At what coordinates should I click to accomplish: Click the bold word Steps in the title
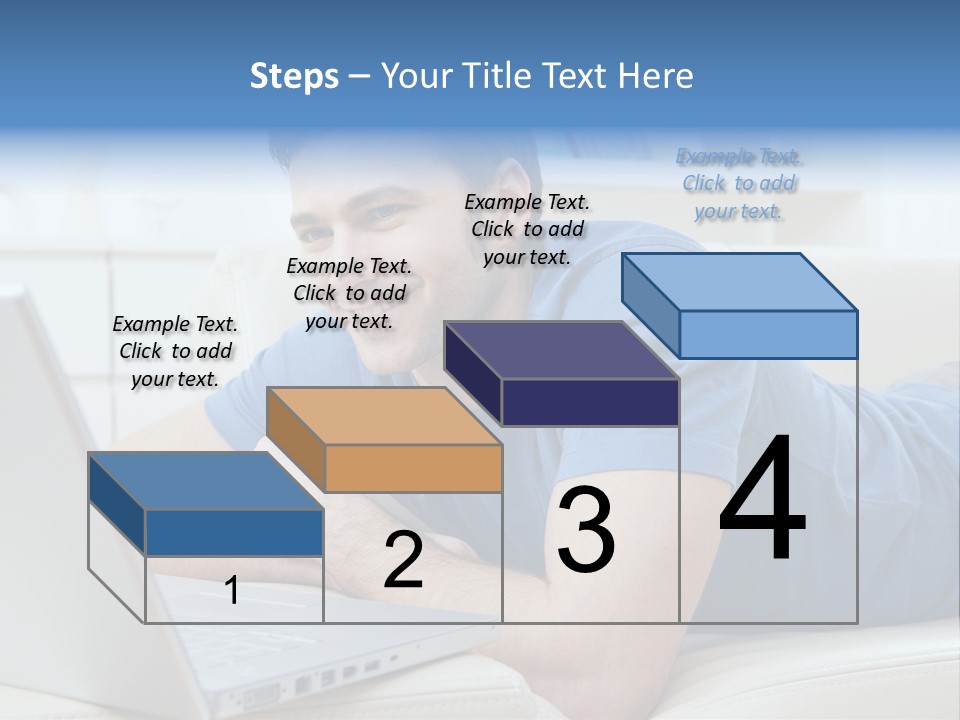(x=294, y=76)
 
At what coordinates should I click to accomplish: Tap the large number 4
(x=762, y=500)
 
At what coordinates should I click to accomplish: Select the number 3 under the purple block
(x=586, y=530)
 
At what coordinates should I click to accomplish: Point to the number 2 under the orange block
(x=403, y=560)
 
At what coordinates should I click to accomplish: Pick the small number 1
(x=232, y=591)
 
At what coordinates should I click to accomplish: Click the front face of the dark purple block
(x=590, y=402)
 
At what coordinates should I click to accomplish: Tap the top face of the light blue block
(x=740, y=281)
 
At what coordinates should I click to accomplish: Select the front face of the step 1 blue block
(x=234, y=532)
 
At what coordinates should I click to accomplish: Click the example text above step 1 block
(x=175, y=351)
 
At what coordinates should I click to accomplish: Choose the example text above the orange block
(x=349, y=293)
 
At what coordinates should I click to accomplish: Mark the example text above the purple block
(x=527, y=229)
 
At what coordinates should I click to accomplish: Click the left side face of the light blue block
(x=650, y=304)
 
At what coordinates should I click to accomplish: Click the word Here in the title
(x=657, y=76)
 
